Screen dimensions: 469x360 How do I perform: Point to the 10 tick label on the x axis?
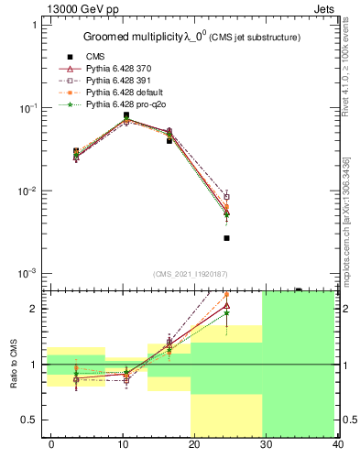click(121, 444)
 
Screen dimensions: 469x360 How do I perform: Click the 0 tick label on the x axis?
click(51, 444)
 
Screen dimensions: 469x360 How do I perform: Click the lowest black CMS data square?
click(226, 238)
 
